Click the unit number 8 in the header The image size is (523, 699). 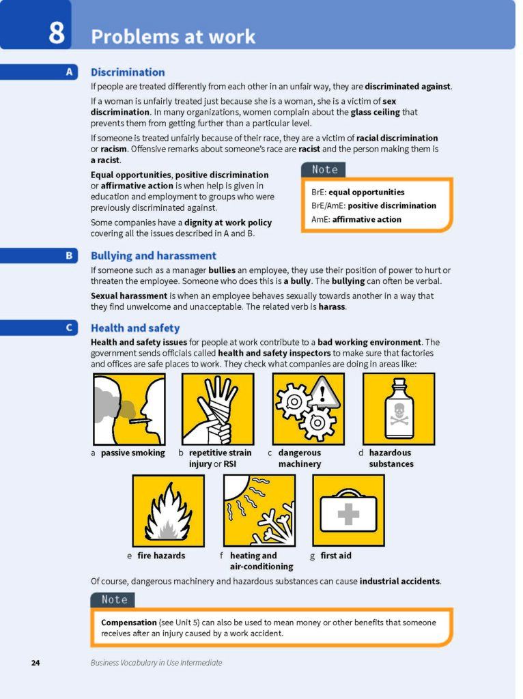point(56,32)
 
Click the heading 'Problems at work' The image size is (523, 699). point(173,36)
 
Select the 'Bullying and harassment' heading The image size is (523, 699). point(153,256)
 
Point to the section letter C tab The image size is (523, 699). point(69,328)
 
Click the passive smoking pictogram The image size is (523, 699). point(129,409)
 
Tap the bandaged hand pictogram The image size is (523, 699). point(217,409)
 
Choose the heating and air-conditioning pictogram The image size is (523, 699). point(259,511)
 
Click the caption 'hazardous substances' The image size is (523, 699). point(391,458)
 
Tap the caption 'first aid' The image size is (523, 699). point(336,556)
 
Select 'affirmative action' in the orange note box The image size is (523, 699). point(367,219)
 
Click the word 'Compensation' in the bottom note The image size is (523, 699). point(128,623)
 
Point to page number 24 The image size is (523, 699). point(36,663)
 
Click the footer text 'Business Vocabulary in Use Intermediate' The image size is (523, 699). point(156,663)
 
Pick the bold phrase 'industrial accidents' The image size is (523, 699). point(399,582)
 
